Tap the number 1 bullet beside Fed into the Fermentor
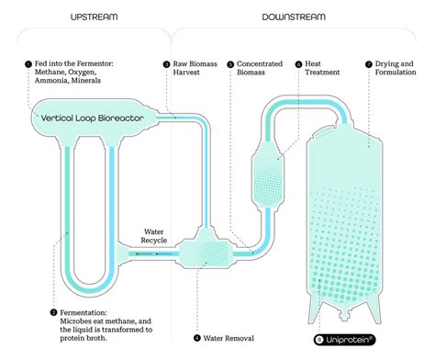[29, 64]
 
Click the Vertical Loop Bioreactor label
[92, 117]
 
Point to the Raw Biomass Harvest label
[195, 69]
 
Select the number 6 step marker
[298, 64]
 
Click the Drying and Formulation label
[398, 69]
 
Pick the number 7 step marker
[367, 64]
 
